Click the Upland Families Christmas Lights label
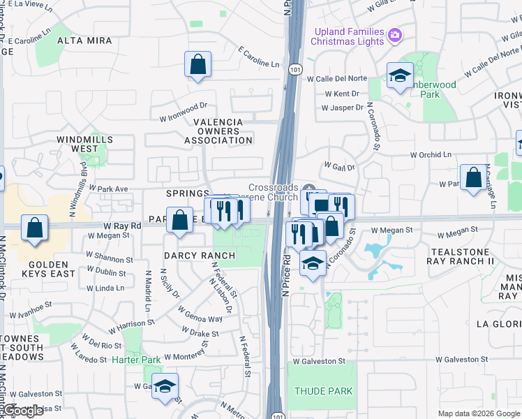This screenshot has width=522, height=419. click(x=349, y=36)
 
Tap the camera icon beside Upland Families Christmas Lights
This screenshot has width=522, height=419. click(x=394, y=35)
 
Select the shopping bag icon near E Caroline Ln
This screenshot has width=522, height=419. click(x=198, y=65)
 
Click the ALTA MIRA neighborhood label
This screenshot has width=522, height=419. click(x=84, y=41)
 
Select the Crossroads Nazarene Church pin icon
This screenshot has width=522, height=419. click(x=309, y=188)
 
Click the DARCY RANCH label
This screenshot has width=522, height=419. click(x=200, y=256)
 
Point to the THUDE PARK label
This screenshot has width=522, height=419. click(x=323, y=391)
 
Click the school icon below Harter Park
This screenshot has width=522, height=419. click(x=165, y=385)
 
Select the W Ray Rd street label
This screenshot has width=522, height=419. click(x=122, y=226)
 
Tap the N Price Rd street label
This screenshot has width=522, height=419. click(x=286, y=275)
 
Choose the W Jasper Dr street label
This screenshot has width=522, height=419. click(x=343, y=108)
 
